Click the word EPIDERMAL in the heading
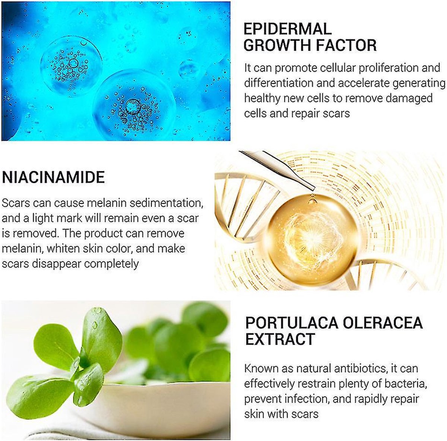(287, 29)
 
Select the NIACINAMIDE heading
(53, 177)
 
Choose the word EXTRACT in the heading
(280, 339)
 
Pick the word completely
(111, 264)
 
